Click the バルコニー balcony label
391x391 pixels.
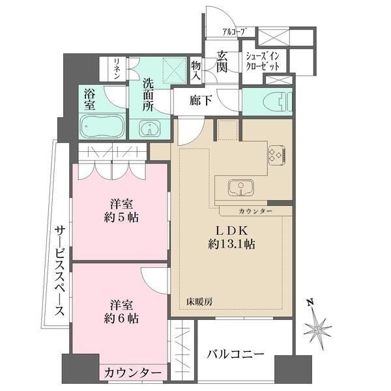(x=236, y=355)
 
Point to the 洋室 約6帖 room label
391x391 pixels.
(x=123, y=311)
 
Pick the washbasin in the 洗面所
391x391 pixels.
(x=151, y=126)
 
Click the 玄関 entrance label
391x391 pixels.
(x=222, y=62)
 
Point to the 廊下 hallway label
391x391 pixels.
(x=199, y=102)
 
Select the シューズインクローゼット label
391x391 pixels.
(x=263, y=61)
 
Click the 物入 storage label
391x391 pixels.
(x=196, y=70)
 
